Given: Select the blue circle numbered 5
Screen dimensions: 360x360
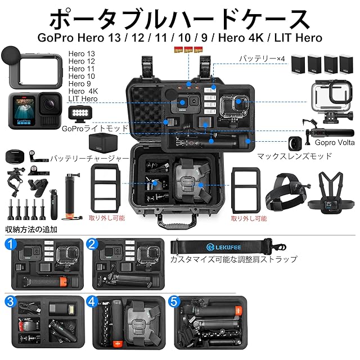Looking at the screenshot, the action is (x=174, y=301).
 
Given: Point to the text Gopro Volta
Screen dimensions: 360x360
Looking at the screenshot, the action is (x=335, y=142).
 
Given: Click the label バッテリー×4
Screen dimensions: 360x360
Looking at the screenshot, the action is (x=262, y=58).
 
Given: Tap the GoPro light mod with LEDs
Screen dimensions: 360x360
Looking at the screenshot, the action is (x=80, y=113).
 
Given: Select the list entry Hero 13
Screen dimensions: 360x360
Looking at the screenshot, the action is (x=82, y=54).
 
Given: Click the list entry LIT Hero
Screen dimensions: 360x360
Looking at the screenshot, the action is (x=83, y=99).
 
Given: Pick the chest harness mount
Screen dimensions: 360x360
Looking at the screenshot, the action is (x=330, y=193).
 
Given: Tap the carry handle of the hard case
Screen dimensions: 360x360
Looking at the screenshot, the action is (x=177, y=222).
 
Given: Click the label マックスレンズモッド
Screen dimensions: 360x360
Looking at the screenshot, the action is (x=294, y=156).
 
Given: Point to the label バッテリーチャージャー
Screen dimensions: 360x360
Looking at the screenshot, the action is (x=89, y=159).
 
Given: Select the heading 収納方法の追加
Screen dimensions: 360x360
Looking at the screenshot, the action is (x=31, y=229).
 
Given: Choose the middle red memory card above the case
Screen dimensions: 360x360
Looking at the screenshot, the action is (x=188, y=49).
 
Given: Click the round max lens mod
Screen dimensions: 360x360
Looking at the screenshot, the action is (x=295, y=143).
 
